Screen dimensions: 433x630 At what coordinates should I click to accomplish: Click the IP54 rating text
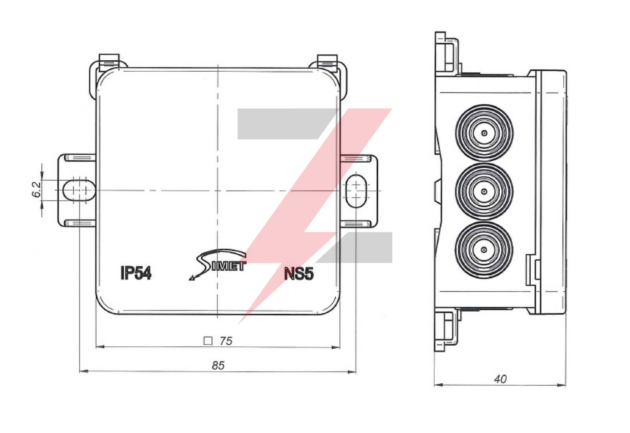(x=136, y=273)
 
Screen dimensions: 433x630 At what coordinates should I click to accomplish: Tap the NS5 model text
(x=299, y=274)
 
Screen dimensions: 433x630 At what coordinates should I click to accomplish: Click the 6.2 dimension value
(x=36, y=189)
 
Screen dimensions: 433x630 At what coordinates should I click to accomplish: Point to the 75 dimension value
(x=226, y=341)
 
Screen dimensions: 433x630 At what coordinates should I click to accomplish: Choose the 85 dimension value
(x=218, y=366)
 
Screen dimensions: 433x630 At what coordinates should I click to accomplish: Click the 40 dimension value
(x=500, y=379)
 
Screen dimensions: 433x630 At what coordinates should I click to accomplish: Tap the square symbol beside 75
(x=208, y=341)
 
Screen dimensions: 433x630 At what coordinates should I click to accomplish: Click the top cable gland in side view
(x=484, y=133)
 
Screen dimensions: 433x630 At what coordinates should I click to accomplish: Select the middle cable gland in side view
(x=484, y=191)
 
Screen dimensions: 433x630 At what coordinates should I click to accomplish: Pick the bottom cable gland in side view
(x=484, y=250)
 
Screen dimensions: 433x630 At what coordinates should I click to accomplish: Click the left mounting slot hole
(x=79, y=190)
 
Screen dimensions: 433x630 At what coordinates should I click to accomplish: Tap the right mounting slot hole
(x=356, y=190)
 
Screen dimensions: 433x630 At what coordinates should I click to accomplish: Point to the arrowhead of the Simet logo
(x=192, y=278)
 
